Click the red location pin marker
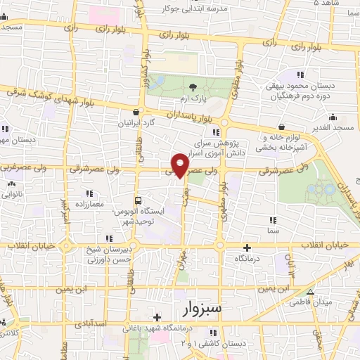(181, 165)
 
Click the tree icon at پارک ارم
(193, 87)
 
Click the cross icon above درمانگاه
(247, 247)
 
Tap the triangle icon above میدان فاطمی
(310, 292)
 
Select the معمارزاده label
(87, 204)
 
